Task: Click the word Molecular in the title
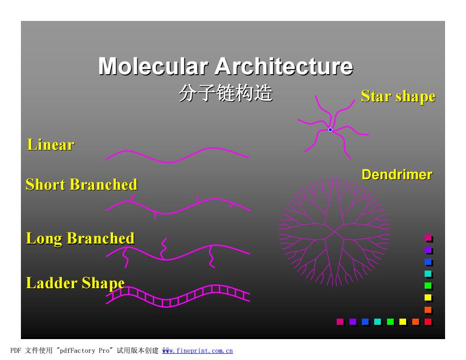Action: (153, 66)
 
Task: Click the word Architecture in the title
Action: (284, 66)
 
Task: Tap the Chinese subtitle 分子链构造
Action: (226, 93)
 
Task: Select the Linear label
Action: (50, 145)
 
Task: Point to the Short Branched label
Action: (81, 185)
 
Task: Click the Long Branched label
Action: (80, 238)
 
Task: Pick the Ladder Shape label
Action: (75, 283)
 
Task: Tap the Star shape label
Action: (398, 97)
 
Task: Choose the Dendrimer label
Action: (397, 175)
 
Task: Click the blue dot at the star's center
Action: (330, 130)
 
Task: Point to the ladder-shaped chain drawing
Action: (178, 296)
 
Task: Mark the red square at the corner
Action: (428, 321)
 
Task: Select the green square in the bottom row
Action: (390, 321)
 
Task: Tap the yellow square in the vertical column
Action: (428, 297)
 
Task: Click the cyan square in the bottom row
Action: (378, 321)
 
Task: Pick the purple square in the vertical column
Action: (428, 250)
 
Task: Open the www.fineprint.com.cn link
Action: (197, 351)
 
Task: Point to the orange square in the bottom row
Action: (416, 321)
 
